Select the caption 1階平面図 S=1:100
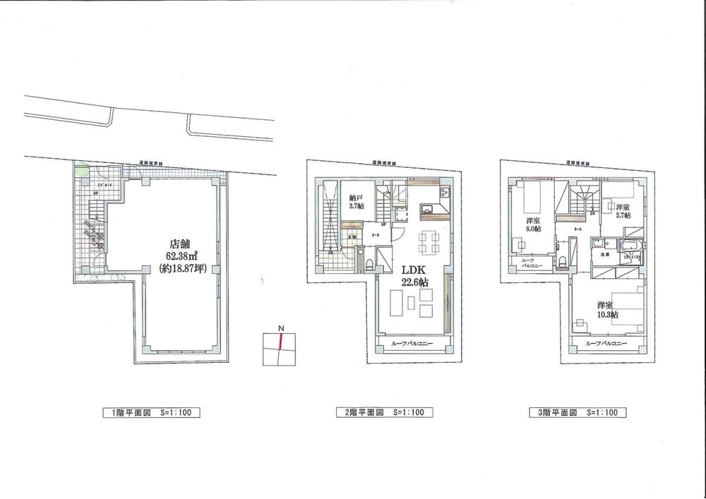[148, 413]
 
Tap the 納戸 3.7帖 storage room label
[355, 203]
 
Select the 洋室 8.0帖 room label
[533, 225]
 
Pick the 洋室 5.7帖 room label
[622, 211]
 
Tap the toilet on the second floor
[370, 265]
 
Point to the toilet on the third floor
[561, 262]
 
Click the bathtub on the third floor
[629, 246]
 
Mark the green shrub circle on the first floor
[83, 170]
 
